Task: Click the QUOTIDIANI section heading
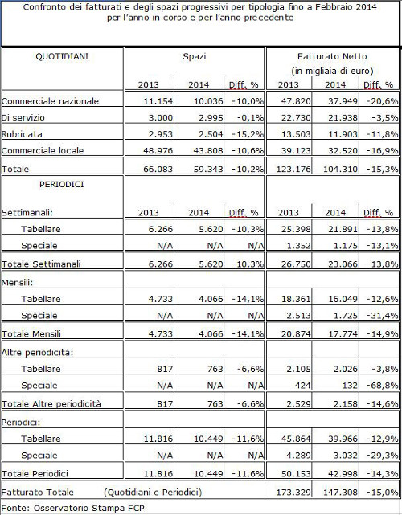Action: pyautogui.click(x=62, y=56)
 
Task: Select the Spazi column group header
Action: pyautogui.click(x=195, y=57)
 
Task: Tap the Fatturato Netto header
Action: pyautogui.click(x=332, y=56)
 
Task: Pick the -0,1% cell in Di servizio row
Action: pyautogui.click(x=250, y=117)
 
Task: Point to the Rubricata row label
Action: pyautogui.click(x=22, y=134)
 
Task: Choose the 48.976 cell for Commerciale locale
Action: pyautogui.click(x=158, y=151)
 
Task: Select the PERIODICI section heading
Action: pyautogui.click(x=61, y=185)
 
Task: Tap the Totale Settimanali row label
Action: pyautogui.click(x=41, y=264)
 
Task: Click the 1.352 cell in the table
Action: pyautogui.click(x=298, y=246)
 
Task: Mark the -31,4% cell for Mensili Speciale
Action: pyautogui.click(x=382, y=316)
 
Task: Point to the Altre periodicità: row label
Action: pyautogui.click(x=37, y=353)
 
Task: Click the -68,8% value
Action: pyautogui.click(x=382, y=386)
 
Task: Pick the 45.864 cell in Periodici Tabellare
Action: pyautogui.click(x=296, y=439)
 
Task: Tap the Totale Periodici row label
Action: pyautogui.click(x=35, y=473)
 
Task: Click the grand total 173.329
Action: pyautogui.click(x=293, y=493)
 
